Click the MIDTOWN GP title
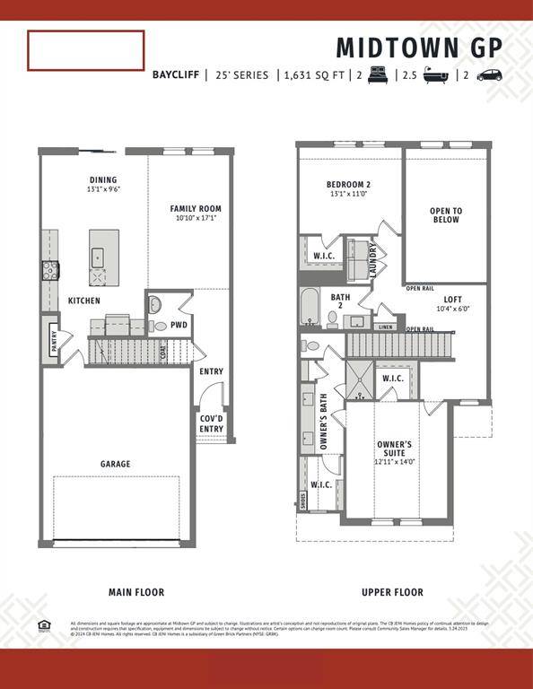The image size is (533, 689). tap(419, 47)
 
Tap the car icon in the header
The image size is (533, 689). tap(489, 75)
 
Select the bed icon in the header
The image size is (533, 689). tap(376, 75)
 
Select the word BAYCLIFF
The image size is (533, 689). tap(176, 75)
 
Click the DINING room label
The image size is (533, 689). tap(103, 179)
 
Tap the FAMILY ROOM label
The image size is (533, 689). tap(196, 209)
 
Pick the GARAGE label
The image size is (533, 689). tap(115, 464)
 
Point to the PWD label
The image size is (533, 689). tap(179, 325)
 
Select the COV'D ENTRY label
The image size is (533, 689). tap(211, 423)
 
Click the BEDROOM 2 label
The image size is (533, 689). tap(348, 185)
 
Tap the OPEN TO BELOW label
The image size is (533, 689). tap(445, 215)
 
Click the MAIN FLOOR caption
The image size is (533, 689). tap(136, 592)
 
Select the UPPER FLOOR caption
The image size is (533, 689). tap(392, 592)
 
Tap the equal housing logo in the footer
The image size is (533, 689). tap(44, 625)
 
